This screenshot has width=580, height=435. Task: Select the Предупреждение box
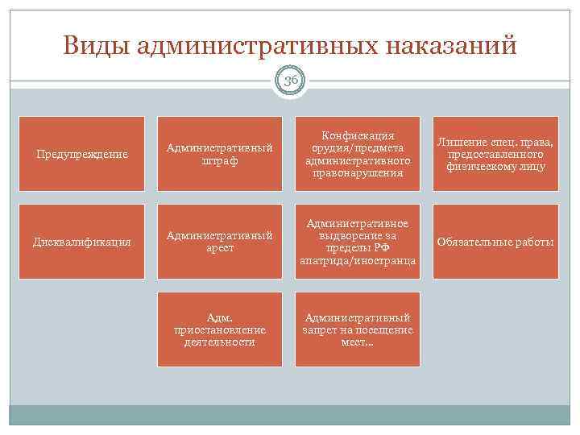[x=81, y=154]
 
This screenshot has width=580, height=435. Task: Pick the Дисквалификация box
[x=81, y=242]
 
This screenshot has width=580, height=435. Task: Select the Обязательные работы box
[x=495, y=242]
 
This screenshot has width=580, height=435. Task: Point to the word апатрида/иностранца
[x=358, y=261]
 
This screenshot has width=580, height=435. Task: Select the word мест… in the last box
[x=358, y=342]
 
